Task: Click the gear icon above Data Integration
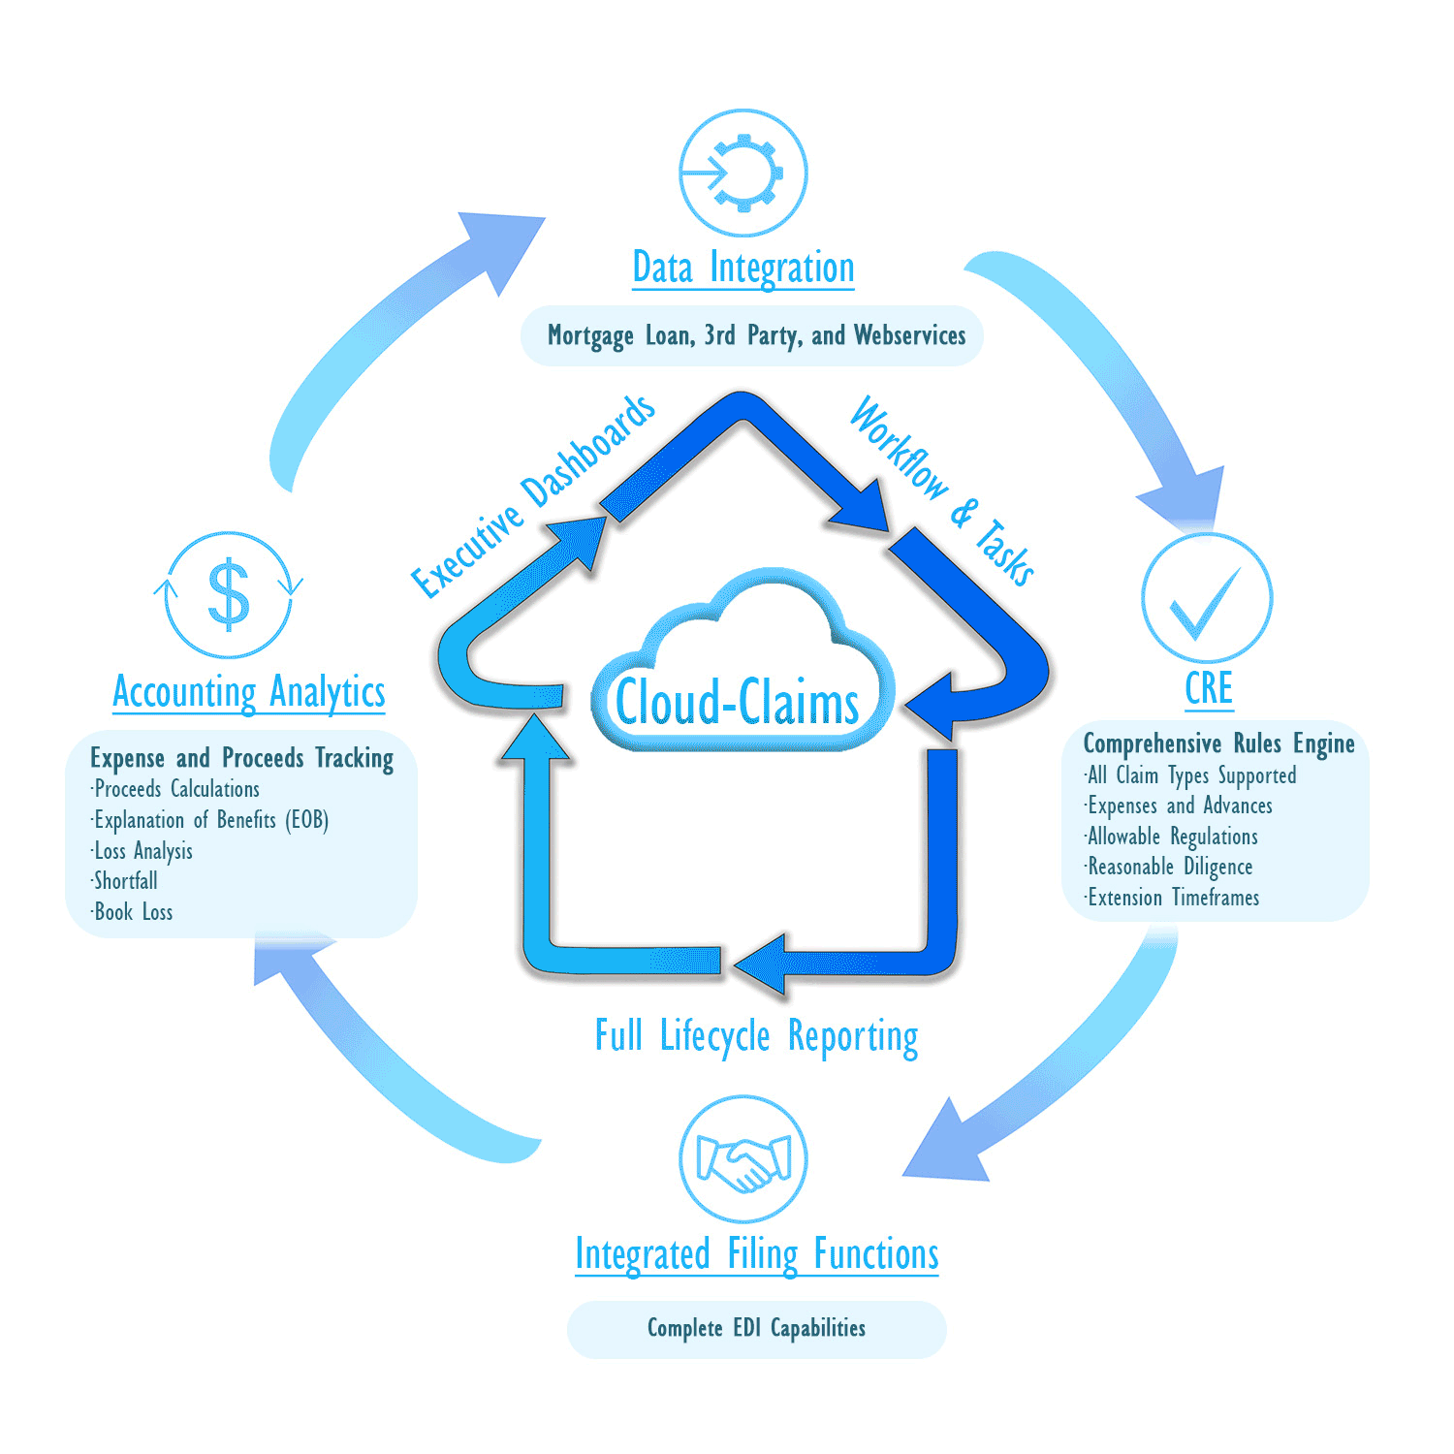coord(743,173)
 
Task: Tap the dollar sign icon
coord(229,594)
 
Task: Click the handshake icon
coord(743,1159)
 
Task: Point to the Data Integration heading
coord(743,269)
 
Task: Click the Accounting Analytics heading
coord(249,692)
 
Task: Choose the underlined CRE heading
coord(1209,688)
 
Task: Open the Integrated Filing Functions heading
coord(757,1254)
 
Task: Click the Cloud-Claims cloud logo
coord(739,679)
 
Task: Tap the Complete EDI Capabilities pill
coord(756,1328)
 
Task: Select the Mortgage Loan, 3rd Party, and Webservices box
coord(756,335)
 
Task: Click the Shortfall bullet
coord(126,881)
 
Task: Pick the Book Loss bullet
coord(134,912)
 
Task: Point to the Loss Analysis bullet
coord(143,851)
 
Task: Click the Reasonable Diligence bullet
coord(1170,867)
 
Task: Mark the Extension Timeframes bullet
coord(1173,898)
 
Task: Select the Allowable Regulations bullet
coord(1172,837)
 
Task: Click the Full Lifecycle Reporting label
coord(756,1036)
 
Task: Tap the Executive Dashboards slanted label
coord(533,496)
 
